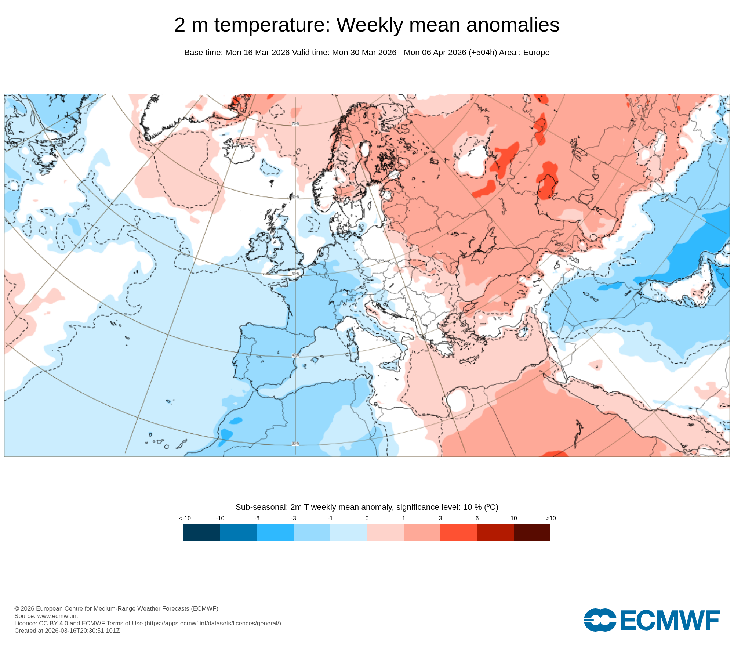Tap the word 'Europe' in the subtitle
click(x=536, y=53)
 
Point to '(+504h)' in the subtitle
click(x=483, y=53)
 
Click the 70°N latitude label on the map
click(x=295, y=124)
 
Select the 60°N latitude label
click(x=295, y=197)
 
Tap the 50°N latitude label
click(x=295, y=274)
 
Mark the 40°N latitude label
click(x=295, y=355)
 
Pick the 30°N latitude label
click(x=295, y=444)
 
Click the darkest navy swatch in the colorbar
click(x=202, y=532)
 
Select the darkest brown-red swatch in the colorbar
click(x=532, y=532)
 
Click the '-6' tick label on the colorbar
click(x=257, y=519)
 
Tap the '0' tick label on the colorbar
click(x=367, y=519)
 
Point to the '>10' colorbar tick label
click(x=550, y=519)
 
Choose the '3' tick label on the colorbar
click(x=440, y=519)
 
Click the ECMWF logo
click(x=651, y=620)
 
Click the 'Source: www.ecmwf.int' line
click(x=46, y=616)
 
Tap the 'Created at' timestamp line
click(x=67, y=631)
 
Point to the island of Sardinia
click(x=353, y=349)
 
